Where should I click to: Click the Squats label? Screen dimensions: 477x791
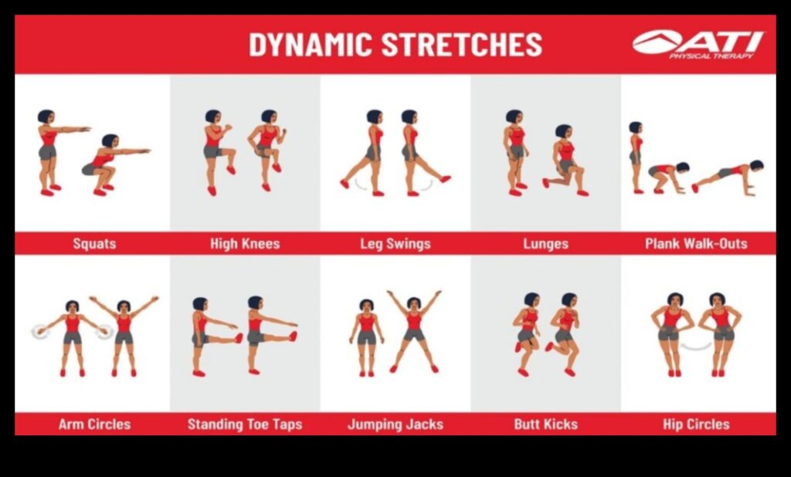point(94,244)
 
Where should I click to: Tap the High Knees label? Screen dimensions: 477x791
point(245,244)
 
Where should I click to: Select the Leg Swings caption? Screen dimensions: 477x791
point(395,244)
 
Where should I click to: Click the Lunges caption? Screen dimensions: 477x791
point(545,244)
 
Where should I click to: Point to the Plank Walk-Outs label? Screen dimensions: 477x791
point(696,244)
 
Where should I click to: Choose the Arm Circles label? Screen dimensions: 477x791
point(94,424)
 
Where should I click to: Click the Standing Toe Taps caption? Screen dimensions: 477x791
point(245,424)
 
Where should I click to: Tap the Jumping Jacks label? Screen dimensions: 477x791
point(395,424)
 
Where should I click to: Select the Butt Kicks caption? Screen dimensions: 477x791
point(545,424)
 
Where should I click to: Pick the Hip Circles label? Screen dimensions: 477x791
point(696,424)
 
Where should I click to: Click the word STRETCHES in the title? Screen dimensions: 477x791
point(464,45)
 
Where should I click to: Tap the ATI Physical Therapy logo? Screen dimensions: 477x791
point(698,45)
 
